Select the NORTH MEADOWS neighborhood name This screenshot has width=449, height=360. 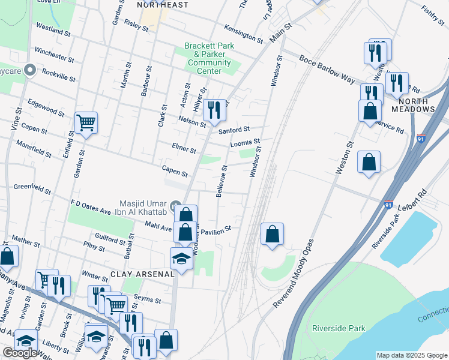point(413,106)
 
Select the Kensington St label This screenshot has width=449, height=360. point(244,34)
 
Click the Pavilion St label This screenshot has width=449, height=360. point(216,231)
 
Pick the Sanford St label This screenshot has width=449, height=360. point(234,130)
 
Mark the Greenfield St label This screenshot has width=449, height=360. point(32,189)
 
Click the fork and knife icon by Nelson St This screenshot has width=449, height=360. point(214,110)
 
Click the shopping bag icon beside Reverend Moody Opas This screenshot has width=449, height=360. point(273,234)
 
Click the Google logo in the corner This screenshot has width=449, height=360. point(20,353)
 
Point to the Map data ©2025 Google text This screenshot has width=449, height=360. point(411,355)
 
